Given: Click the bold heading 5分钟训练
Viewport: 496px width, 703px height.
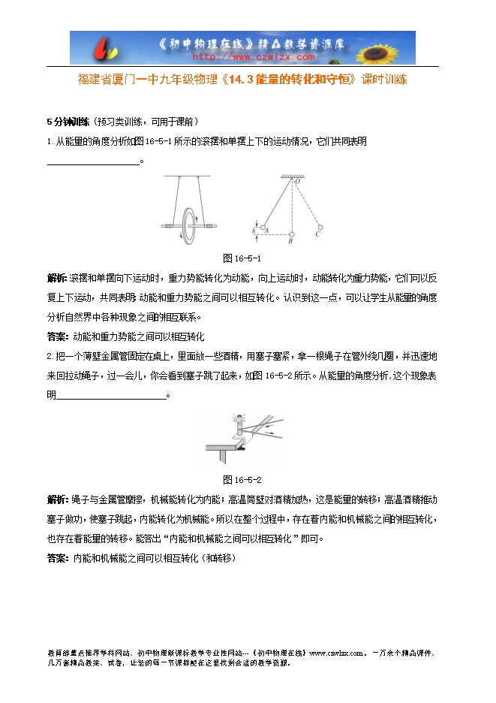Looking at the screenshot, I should tap(68, 122).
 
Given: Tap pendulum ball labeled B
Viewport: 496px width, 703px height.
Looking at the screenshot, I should tap(290, 234).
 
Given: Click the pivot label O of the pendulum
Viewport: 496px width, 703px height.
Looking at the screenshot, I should tap(297, 182).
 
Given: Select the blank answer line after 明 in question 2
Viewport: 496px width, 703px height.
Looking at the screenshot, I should tap(110, 396).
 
